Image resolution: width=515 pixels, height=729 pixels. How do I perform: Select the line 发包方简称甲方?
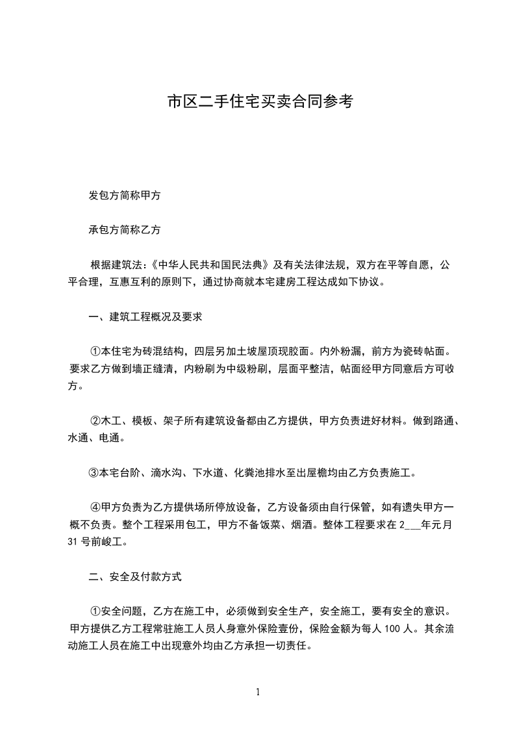(x=125, y=195)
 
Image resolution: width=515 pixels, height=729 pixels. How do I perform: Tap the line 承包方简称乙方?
(x=125, y=229)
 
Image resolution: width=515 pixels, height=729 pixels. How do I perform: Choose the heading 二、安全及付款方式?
(x=135, y=576)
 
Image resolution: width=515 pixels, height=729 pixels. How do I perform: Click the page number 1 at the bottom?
(x=258, y=691)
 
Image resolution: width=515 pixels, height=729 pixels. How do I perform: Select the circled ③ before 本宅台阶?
(x=93, y=472)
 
